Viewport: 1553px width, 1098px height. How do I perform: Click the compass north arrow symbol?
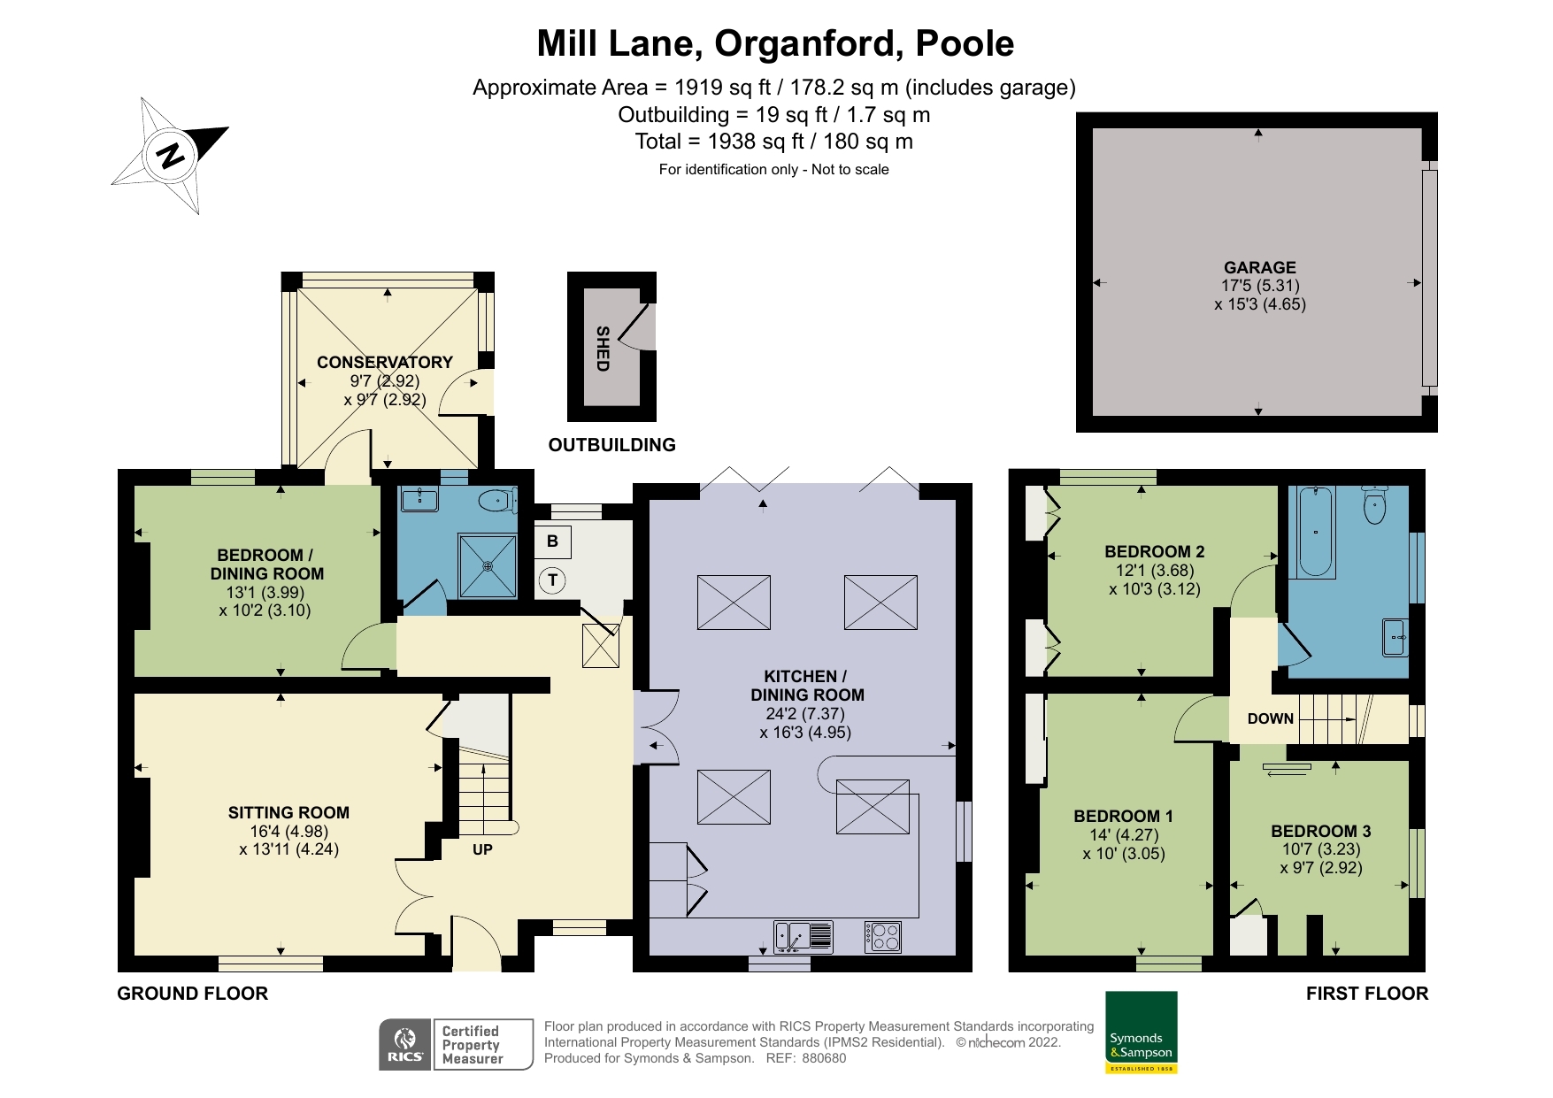pyautogui.click(x=170, y=156)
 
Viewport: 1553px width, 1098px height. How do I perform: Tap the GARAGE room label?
pyautogui.click(x=1259, y=267)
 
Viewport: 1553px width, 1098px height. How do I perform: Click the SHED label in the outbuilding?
pyautogui.click(x=603, y=349)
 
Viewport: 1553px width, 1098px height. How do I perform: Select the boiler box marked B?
pyautogui.click(x=552, y=541)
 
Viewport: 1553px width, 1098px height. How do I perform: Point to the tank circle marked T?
pyautogui.click(x=553, y=580)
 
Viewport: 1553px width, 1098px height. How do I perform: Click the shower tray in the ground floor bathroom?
pyautogui.click(x=487, y=565)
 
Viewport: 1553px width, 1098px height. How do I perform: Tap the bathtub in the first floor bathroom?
pyautogui.click(x=1316, y=532)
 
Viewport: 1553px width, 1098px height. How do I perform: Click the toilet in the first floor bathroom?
pyautogui.click(x=1374, y=503)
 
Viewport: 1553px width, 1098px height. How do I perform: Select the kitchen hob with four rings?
pyautogui.click(x=883, y=937)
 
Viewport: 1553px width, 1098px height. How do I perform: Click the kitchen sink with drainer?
pyautogui.click(x=803, y=937)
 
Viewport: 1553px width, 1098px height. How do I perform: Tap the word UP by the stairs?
pyautogui.click(x=482, y=849)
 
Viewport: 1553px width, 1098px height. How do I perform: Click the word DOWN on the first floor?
pyautogui.click(x=1271, y=718)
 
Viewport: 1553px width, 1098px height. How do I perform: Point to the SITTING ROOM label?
pyautogui.click(x=288, y=812)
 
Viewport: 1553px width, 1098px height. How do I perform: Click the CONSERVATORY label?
pyautogui.click(x=385, y=362)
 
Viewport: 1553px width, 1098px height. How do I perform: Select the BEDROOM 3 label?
pyautogui.click(x=1321, y=831)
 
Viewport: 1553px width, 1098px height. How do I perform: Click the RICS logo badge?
pyautogui.click(x=405, y=1045)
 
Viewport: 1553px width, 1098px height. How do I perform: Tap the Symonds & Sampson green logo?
pyautogui.click(x=1142, y=1033)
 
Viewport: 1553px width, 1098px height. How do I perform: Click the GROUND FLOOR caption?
pyautogui.click(x=193, y=994)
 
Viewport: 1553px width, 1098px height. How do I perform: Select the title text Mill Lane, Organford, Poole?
pyautogui.click(x=775, y=43)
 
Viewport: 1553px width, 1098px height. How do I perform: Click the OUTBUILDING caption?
pyautogui.click(x=612, y=445)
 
